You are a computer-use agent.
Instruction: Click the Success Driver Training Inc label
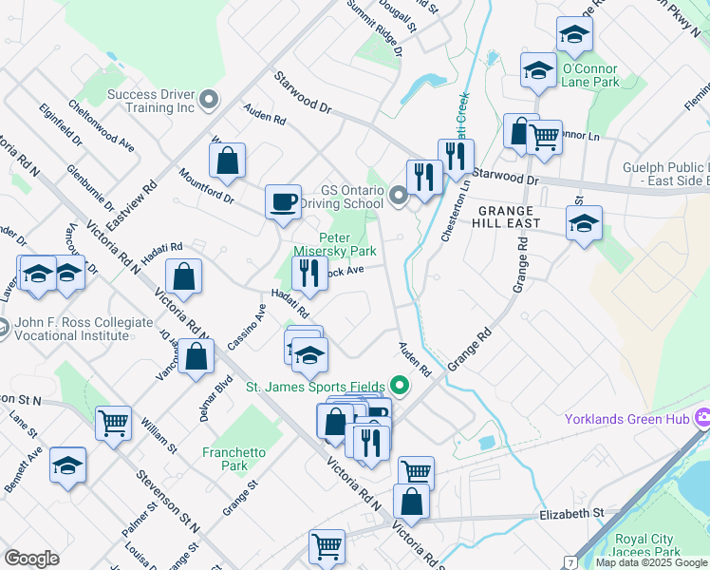pos(151,100)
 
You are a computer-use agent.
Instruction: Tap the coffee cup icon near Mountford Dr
pos(283,202)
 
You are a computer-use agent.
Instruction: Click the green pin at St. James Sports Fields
pos(400,386)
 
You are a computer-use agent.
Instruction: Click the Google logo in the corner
pos(31,559)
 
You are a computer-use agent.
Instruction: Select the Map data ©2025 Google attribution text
pos(651,562)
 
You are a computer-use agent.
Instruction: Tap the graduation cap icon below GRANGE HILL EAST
pos(583,224)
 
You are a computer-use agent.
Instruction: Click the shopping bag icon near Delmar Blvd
pos(196,359)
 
